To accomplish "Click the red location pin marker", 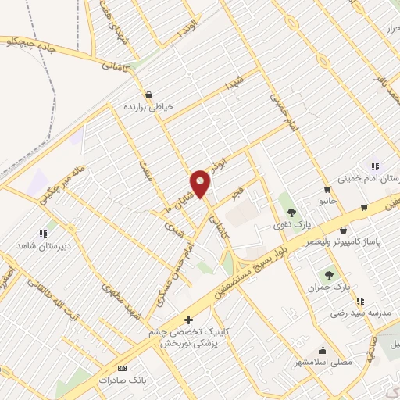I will coord(201,184).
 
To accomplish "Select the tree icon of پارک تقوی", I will coord(291,212).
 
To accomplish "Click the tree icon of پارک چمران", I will coord(329,274).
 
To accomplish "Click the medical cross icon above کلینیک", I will coord(187,320).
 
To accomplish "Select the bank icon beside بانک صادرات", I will coord(121,367).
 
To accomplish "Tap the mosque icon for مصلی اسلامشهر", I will coord(323,350).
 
